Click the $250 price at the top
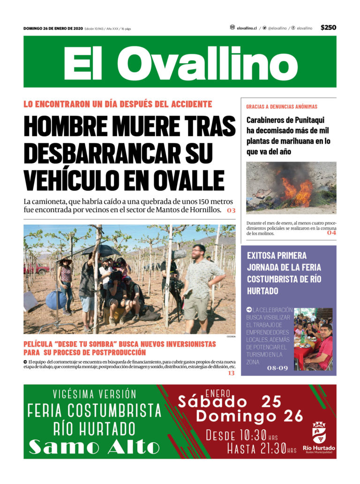pos(328,28)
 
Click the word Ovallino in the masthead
pos(206,63)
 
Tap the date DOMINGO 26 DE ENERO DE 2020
pos(53,29)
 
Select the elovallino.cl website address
pos(247,28)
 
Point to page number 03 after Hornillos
pos(231,210)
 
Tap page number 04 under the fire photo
pos(331,232)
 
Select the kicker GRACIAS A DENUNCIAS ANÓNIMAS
pos(282,107)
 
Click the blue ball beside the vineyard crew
pos(56,300)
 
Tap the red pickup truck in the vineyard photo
pos(37,269)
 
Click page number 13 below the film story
pos(231,373)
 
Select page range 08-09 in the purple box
pos(277,368)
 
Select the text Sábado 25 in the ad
pos(229,402)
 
